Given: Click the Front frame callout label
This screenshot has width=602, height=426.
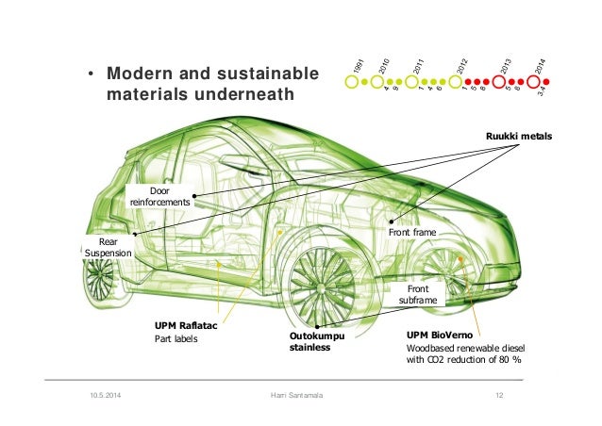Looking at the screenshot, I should point(413,230).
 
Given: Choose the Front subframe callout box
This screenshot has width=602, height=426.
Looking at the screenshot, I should point(416,294).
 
